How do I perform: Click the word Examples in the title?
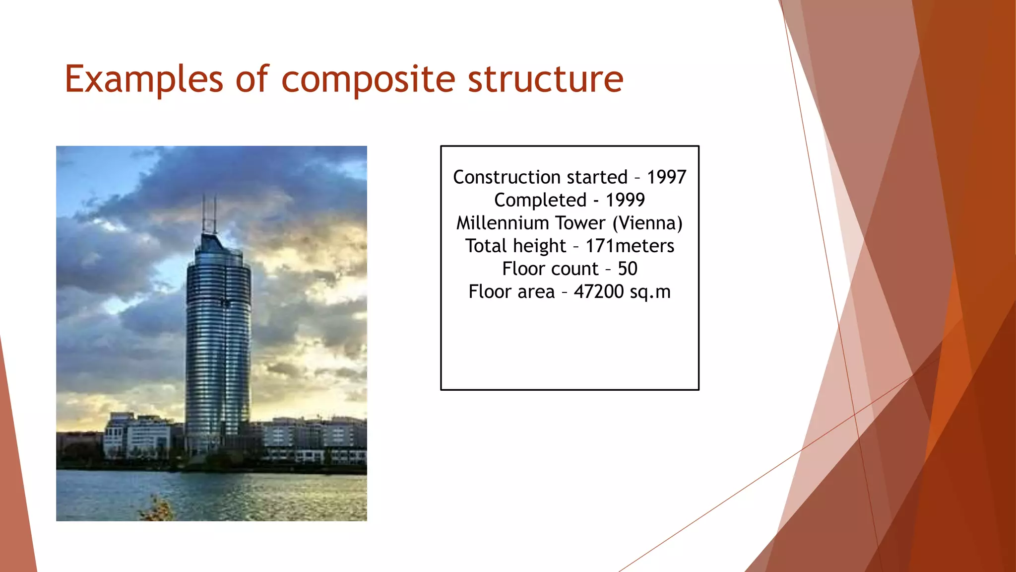coord(144,79)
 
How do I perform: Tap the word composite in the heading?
coord(368,79)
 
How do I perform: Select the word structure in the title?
coord(545,79)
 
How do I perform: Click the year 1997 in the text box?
coord(666,177)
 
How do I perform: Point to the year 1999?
coord(625,200)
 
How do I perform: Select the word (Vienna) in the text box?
coord(647,223)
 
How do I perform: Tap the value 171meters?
coord(630,246)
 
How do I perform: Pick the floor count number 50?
coord(627,269)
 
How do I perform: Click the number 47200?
coord(598,291)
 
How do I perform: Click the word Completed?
coord(540,200)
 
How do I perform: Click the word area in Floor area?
coord(536,291)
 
